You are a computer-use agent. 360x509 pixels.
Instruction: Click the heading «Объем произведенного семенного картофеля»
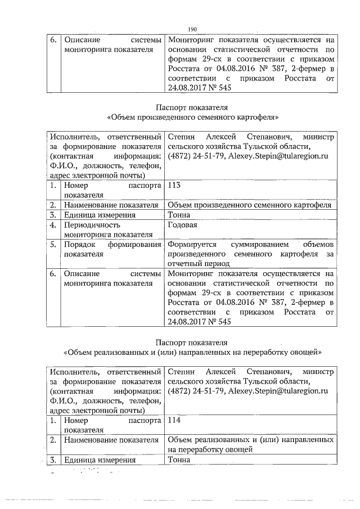point(193,116)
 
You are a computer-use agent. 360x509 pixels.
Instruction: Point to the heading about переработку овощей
point(193,352)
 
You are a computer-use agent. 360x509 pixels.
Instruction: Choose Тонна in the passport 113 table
point(179,215)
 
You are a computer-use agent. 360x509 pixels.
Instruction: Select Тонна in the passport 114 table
point(179,460)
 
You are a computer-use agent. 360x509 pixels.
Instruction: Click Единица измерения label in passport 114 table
point(100,460)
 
